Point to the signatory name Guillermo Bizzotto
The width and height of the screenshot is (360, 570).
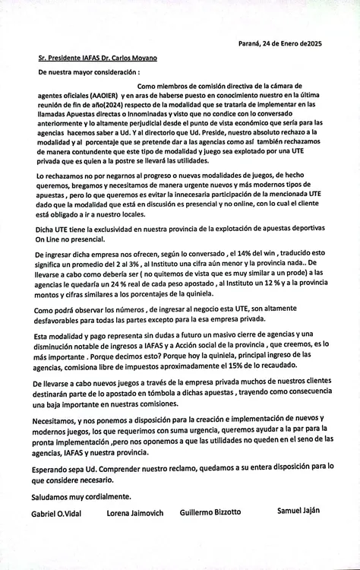coord(210,512)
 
